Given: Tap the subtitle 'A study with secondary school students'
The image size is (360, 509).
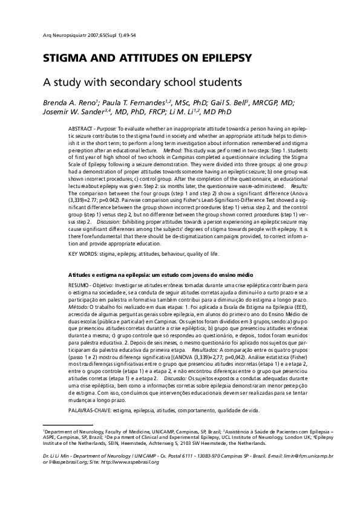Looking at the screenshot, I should click(x=142, y=80).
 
